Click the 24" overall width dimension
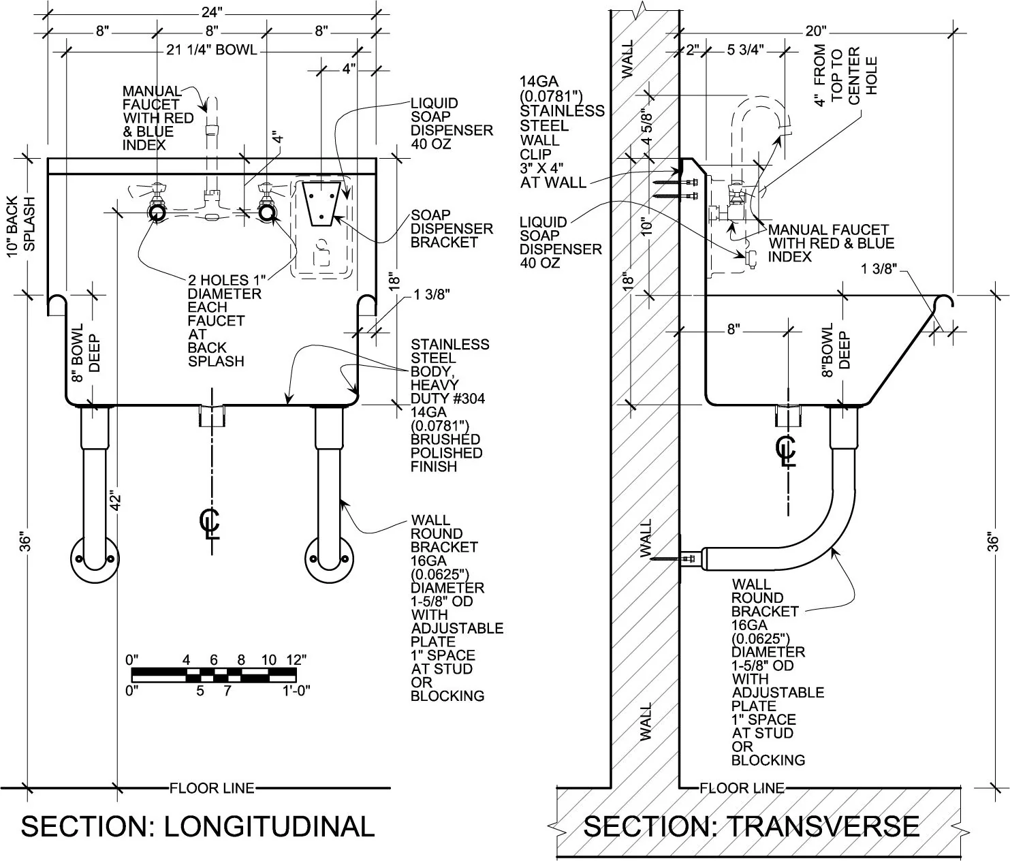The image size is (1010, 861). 212,12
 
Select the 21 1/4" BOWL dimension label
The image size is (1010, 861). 212,50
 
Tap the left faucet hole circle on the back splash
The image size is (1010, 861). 157,213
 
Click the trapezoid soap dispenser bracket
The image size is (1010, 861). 321,204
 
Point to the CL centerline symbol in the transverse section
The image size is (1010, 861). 787,450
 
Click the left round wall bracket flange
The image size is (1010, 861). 95,560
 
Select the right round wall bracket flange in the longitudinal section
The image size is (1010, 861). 330,560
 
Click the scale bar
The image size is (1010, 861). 214,675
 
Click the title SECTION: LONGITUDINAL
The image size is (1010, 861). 198,826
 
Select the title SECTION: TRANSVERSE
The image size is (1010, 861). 751,826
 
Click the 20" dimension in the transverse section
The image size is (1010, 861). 815,31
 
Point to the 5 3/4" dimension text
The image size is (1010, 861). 745,50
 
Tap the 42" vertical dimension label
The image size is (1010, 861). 115,501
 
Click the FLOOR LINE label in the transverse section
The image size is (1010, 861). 742,788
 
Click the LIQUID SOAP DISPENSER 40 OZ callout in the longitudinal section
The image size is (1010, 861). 452,123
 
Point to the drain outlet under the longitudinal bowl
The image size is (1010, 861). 212,416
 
